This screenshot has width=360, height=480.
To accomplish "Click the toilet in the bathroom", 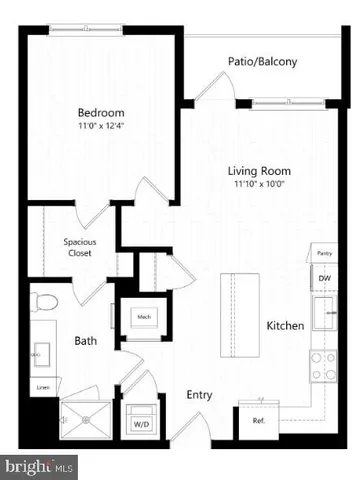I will tap(45, 303).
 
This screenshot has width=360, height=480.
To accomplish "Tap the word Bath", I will tap(85, 341).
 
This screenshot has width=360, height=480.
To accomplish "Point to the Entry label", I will tap(199, 394).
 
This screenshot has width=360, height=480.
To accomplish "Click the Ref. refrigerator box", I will tap(258, 421).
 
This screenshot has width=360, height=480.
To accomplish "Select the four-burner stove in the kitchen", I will tap(324, 367).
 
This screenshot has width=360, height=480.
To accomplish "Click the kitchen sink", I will tap(324, 315).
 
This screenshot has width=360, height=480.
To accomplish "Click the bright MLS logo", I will tap(40, 466).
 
